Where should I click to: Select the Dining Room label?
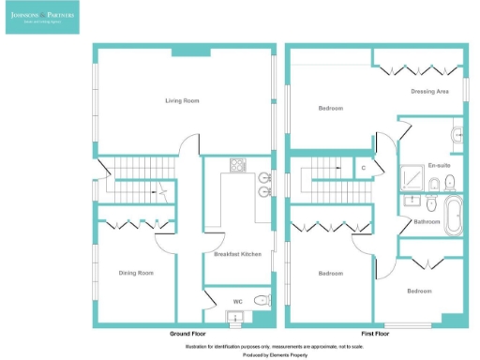point(136,273)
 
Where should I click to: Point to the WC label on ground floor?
point(238,301)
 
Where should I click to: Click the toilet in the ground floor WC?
point(263,301)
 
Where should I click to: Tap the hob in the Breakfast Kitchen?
point(238,166)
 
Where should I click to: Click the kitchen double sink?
point(267,184)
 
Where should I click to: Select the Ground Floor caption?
point(187,334)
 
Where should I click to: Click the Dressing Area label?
point(429,91)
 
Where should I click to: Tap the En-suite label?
point(438,166)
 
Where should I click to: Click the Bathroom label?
point(427,221)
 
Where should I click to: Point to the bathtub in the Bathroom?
point(453,216)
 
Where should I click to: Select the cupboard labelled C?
point(364,168)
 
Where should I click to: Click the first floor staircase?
point(327,177)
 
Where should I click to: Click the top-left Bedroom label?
point(330,109)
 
